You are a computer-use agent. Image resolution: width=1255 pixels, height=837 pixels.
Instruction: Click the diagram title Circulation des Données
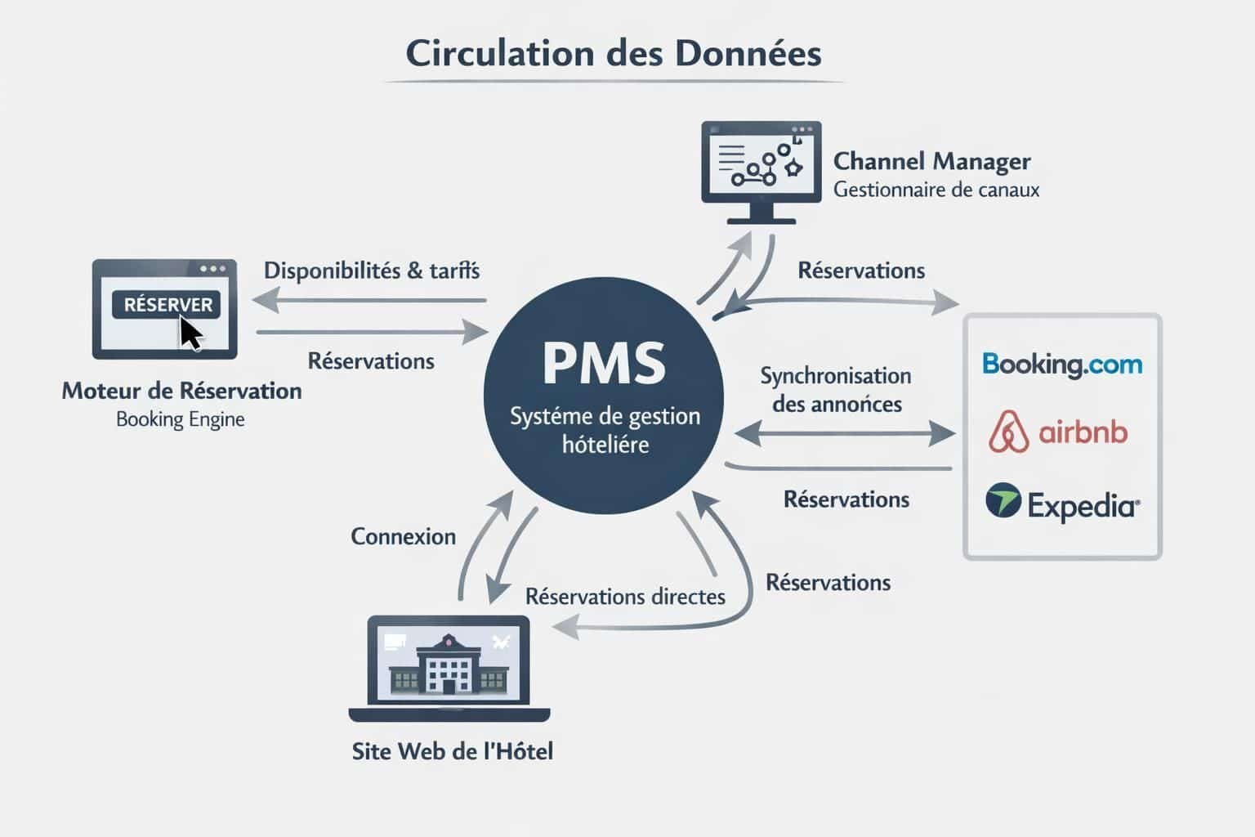coord(614,54)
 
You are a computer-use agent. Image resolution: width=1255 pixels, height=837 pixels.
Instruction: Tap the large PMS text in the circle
coord(604,364)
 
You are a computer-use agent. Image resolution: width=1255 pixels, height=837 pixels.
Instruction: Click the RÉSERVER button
coord(167,305)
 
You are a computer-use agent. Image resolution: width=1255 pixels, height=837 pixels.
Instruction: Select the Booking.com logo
coord(1062,365)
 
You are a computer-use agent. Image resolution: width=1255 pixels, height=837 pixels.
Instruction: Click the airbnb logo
coord(1058,432)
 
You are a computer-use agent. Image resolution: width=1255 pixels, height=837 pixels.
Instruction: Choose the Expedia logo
coord(1062,504)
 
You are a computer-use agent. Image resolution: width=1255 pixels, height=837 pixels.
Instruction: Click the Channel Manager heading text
coord(931,161)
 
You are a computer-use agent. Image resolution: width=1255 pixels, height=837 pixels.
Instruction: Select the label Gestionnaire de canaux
coord(936,190)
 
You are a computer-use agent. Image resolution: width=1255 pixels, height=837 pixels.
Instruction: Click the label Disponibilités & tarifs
coord(372,271)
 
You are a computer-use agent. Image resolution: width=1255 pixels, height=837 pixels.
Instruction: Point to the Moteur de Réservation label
coord(181,391)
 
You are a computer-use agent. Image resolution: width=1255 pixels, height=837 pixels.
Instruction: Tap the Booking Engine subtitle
coord(181,419)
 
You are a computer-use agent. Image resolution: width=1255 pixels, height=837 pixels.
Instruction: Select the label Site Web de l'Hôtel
coord(452,751)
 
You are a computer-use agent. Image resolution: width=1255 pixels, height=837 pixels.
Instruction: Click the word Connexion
coord(403,536)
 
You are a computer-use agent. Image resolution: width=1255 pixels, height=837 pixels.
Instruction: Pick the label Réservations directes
coord(625,597)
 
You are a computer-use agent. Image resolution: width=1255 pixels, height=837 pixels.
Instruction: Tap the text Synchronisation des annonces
coord(836,390)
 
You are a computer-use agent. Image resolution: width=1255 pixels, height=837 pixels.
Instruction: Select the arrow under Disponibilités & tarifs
coord(369,302)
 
